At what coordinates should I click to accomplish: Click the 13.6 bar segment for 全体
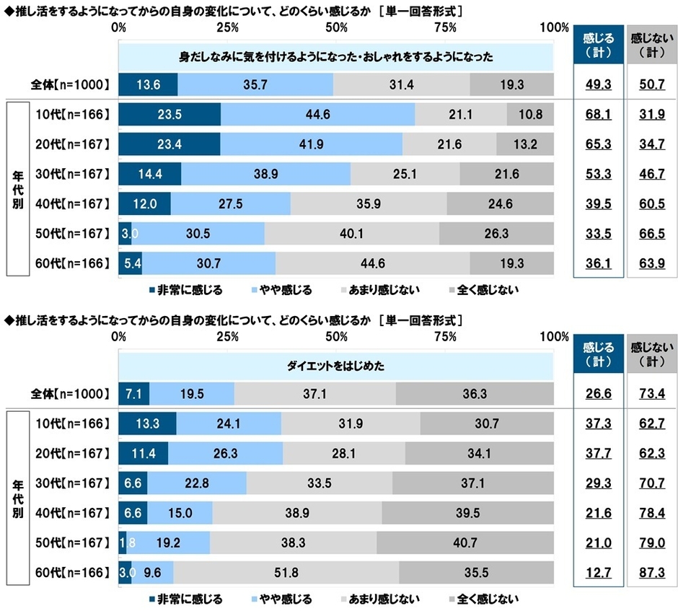click(x=148, y=84)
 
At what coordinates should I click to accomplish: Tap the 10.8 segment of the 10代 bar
click(x=530, y=114)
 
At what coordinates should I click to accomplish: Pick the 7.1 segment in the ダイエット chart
click(x=134, y=394)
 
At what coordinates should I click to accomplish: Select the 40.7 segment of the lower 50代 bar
click(x=465, y=542)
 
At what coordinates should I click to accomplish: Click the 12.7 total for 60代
click(x=597, y=573)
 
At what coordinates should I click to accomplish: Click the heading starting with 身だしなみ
click(x=335, y=56)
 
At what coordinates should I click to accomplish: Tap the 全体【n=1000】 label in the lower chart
click(x=71, y=394)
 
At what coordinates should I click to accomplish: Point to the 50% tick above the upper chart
click(x=336, y=27)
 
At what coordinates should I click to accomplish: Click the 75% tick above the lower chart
click(x=445, y=337)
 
